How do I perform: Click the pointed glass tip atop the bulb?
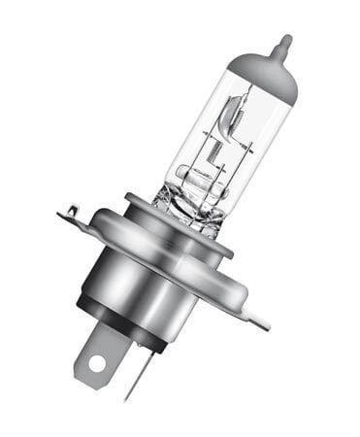point(283,44)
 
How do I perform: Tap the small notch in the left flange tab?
point(71,207)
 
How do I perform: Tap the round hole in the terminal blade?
point(95,364)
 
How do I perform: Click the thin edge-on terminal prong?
point(134,374)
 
